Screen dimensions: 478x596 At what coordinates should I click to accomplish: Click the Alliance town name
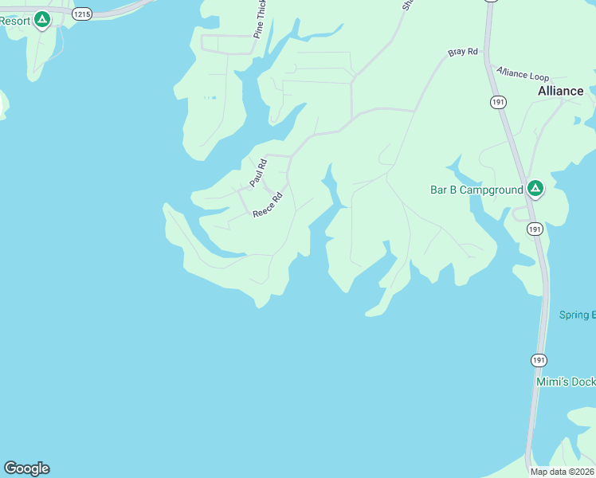(560, 91)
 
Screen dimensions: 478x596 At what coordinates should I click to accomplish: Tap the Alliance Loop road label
(523, 73)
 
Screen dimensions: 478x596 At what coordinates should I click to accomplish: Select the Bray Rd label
(462, 52)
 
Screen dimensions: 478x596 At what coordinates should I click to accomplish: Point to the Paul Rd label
(258, 173)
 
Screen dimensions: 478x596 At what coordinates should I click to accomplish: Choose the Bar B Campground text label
(476, 190)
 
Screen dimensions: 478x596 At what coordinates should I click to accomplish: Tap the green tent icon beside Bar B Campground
(535, 189)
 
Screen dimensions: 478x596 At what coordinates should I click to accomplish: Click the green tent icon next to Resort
(42, 20)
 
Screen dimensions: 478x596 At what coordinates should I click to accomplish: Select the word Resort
(14, 21)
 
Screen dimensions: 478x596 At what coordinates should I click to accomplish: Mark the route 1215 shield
(81, 14)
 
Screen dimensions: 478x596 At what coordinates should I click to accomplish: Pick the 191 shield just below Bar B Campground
(535, 229)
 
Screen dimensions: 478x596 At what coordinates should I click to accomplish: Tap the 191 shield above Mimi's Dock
(539, 360)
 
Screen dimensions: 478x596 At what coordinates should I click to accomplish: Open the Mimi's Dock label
(566, 382)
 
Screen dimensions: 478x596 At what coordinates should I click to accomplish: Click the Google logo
(26, 468)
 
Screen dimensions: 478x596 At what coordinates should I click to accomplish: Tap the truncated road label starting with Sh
(407, 4)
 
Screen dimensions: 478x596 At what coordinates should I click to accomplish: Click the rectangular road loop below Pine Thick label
(227, 45)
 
